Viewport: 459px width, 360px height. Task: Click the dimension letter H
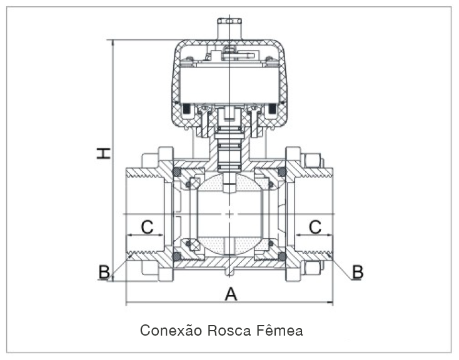pyautogui.click(x=104, y=153)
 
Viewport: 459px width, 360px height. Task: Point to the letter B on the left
pyautogui.click(x=104, y=271)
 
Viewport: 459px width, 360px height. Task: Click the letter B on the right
pyautogui.click(x=358, y=271)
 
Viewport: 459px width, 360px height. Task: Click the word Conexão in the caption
pyautogui.click(x=166, y=330)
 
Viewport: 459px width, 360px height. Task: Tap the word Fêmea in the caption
pyautogui.click(x=280, y=330)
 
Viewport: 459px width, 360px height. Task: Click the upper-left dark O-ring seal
pyautogui.click(x=177, y=172)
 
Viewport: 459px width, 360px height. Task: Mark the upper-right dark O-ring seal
pyautogui.click(x=282, y=172)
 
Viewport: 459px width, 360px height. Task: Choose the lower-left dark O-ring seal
pyautogui.click(x=177, y=256)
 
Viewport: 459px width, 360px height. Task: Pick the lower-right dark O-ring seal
pyautogui.click(x=282, y=256)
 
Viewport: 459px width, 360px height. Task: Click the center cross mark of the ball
pyautogui.click(x=230, y=214)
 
